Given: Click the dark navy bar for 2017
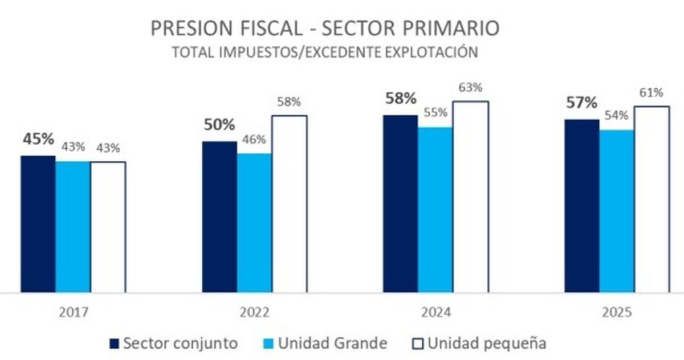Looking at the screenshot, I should (38, 224).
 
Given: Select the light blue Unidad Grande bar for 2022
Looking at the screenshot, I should (255, 223).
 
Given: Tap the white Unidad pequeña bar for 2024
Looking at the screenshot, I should (471, 197).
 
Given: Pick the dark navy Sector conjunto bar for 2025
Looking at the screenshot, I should (582, 206).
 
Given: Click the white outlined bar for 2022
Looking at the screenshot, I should (290, 204).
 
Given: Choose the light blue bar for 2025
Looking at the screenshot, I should (617, 211).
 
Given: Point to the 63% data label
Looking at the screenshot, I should (471, 88).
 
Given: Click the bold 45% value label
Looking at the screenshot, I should (38, 140).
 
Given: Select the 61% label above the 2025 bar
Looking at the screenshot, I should (652, 93).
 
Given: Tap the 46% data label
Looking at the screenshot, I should (255, 140).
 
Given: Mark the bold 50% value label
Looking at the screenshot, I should (219, 125).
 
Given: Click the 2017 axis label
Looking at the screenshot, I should (73, 313).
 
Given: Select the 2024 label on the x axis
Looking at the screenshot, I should (436, 313).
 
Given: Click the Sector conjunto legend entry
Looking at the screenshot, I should (174, 343).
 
